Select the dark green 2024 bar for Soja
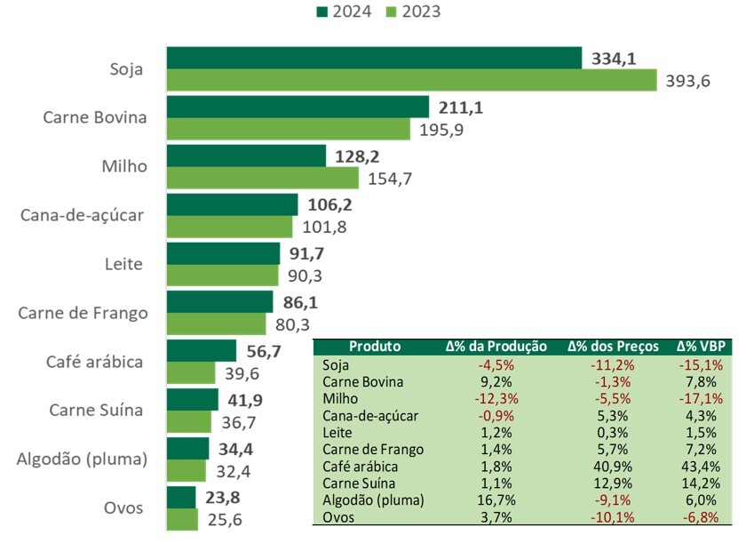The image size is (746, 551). (373, 58)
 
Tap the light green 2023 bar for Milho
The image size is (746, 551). (263, 178)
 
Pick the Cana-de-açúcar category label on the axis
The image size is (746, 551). (82, 215)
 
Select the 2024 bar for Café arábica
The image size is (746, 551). (202, 351)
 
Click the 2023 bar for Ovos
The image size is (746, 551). (182, 520)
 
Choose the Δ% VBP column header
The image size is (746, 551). (699, 347)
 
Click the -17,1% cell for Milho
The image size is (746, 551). (699, 398)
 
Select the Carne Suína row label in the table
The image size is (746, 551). (360, 483)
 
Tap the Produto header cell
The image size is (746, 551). (375, 347)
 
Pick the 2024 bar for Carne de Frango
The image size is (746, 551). (219, 301)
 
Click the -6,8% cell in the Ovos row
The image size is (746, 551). (699, 516)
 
